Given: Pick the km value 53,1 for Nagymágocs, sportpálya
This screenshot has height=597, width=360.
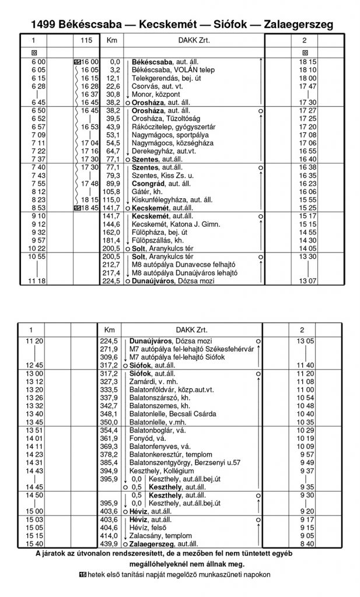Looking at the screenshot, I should coord(113,135).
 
